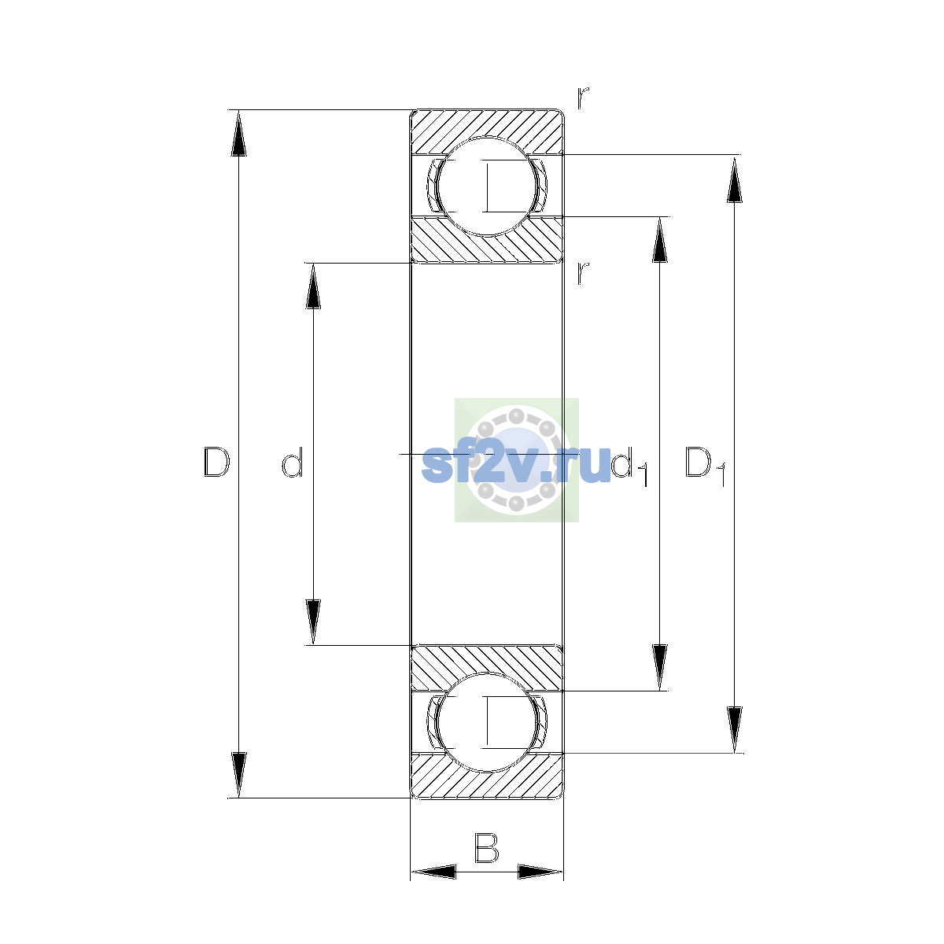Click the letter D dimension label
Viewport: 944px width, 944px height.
(216, 462)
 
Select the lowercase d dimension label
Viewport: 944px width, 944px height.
(293, 462)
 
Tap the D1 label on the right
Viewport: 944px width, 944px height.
(705, 466)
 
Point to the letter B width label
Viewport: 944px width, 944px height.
(486, 847)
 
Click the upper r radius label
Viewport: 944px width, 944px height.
(582, 98)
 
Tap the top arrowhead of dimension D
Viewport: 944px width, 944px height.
(238, 133)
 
